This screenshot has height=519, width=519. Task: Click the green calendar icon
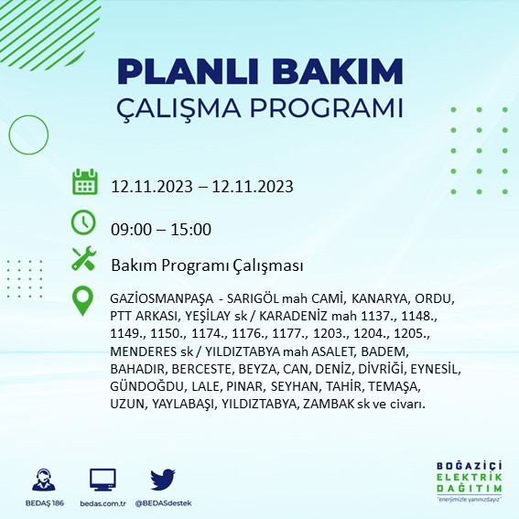84,182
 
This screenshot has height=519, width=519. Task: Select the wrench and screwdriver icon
84,260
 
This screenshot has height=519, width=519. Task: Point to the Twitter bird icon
162,479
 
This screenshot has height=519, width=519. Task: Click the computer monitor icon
103,479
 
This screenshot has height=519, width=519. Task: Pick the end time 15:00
192,229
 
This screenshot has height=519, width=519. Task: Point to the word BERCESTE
204,369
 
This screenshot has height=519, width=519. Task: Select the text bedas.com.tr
103,503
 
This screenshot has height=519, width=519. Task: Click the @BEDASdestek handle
162,503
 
